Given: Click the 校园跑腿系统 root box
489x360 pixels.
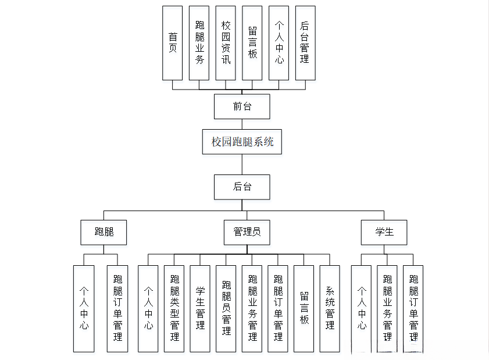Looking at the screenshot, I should [242, 141].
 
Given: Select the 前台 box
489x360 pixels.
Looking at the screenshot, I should [242, 106].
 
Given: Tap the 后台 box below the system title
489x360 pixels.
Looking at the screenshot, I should [242, 187].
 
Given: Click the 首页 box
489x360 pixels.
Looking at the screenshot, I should [172, 43].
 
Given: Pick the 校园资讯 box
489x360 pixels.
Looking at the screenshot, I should [226, 43].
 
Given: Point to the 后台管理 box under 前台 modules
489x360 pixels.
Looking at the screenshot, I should [305, 43].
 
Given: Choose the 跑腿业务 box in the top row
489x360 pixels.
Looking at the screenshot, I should [199, 43].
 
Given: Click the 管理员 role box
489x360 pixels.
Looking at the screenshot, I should [247, 232].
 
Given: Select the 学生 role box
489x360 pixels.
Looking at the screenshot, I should [384, 232].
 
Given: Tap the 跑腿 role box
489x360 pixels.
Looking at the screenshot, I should [103, 232].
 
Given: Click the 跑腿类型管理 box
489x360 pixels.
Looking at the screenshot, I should [174, 308].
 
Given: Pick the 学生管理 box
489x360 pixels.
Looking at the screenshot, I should [200, 308].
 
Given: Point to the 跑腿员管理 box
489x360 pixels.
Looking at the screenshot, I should [226, 308].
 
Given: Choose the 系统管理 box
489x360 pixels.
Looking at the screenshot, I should [330, 308].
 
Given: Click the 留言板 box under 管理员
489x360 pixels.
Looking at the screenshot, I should [304, 308].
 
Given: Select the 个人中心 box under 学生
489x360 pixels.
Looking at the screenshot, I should [361, 308].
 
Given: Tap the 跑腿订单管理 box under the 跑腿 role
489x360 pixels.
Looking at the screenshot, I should [117, 308].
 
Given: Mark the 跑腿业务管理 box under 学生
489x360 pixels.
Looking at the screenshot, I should [387, 308].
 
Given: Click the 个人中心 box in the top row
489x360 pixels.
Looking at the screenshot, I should [279, 43].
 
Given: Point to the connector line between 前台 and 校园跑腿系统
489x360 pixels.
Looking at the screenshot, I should [242, 124].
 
